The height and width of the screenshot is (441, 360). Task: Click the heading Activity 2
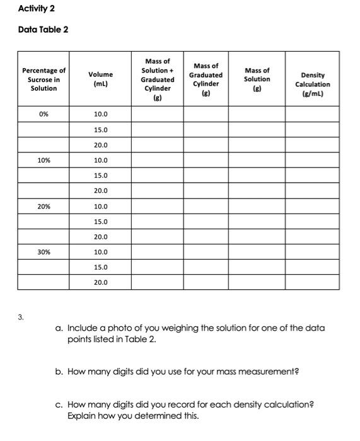click(35, 8)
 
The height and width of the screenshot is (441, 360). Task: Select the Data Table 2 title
click(44, 30)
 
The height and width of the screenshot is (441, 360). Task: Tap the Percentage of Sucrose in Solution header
click(44, 79)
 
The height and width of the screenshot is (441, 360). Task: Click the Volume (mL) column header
click(100, 79)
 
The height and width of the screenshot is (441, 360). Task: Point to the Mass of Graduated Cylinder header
click(206, 79)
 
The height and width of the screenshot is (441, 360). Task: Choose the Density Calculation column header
click(311, 84)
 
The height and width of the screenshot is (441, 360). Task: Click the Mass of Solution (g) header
click(257, 79)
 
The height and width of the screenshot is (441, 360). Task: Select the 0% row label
click(44, 115)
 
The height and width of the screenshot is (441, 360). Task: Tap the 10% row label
click(44, 161)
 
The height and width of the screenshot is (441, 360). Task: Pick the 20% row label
click(44, 207)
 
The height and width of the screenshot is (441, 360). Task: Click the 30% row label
click(44, 252)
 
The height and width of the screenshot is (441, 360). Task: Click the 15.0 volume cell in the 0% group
click(100, 130)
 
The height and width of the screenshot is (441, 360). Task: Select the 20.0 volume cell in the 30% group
click(100, 283)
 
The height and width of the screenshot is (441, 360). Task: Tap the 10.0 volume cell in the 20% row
click(100, 207)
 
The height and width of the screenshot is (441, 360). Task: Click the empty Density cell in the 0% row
click(311, 115)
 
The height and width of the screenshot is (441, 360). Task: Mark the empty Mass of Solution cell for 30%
click(257, 252)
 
